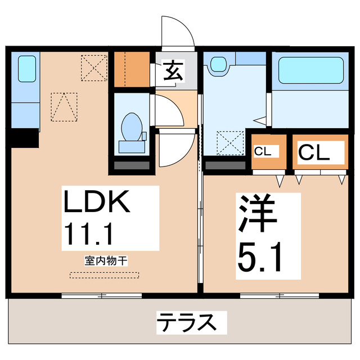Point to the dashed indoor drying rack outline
[103, 275]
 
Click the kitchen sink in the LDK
[26, 69]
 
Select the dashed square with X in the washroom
[231, 142]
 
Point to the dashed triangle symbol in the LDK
[62, 106]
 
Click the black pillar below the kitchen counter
[24, 137]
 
